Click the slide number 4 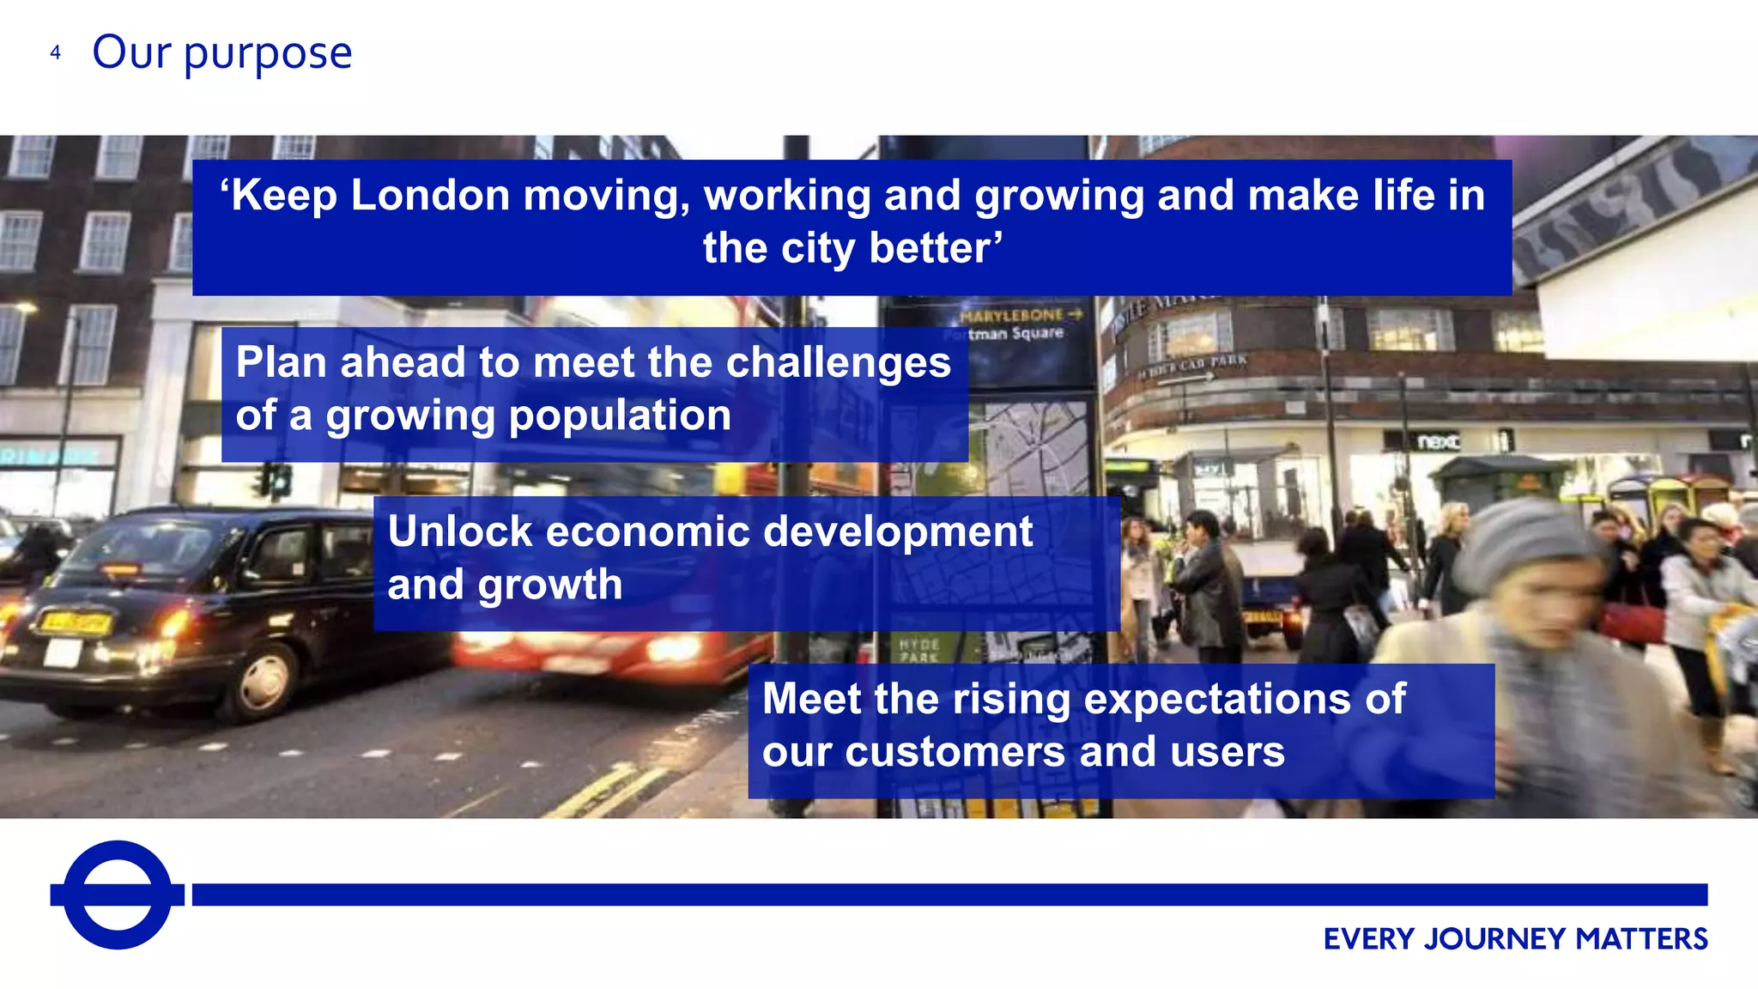56,53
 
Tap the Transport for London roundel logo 118,895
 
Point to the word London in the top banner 430,196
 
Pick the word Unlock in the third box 459,531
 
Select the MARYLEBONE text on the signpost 1011,315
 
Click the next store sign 1437,441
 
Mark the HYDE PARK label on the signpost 919,650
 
